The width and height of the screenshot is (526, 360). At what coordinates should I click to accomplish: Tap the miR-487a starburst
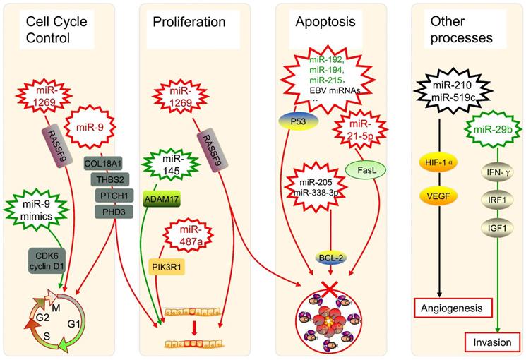click(x=190, y=239)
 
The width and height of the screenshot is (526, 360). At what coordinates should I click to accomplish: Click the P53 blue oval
click(x=301, y=120)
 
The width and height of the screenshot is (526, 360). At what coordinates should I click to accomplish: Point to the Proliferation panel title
click(x=189, y=21)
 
